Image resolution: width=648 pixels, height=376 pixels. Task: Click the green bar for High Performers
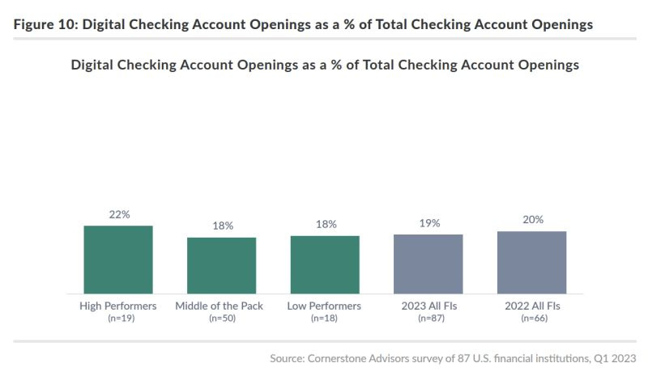118,260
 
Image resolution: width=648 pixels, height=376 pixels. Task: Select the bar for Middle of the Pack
221,265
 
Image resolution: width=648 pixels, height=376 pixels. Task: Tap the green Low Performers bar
325,264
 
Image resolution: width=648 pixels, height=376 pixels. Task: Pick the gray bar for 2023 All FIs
428,264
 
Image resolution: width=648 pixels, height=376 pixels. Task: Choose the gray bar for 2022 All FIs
532,262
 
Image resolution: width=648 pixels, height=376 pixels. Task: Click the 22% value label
118,214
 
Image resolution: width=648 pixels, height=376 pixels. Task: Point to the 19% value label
428,223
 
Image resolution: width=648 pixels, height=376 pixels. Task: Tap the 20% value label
532,220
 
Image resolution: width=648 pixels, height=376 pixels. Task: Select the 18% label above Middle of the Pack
222,226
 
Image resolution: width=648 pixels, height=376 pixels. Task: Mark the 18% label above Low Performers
325,225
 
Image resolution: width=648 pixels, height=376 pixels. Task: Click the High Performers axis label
118,306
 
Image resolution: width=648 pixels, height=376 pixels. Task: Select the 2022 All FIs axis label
532,306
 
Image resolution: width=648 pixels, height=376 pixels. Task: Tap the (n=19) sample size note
118,319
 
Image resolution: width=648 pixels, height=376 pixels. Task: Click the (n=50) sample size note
222,319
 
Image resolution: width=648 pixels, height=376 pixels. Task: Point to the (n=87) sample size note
428,319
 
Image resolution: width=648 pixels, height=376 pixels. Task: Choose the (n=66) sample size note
532,319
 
